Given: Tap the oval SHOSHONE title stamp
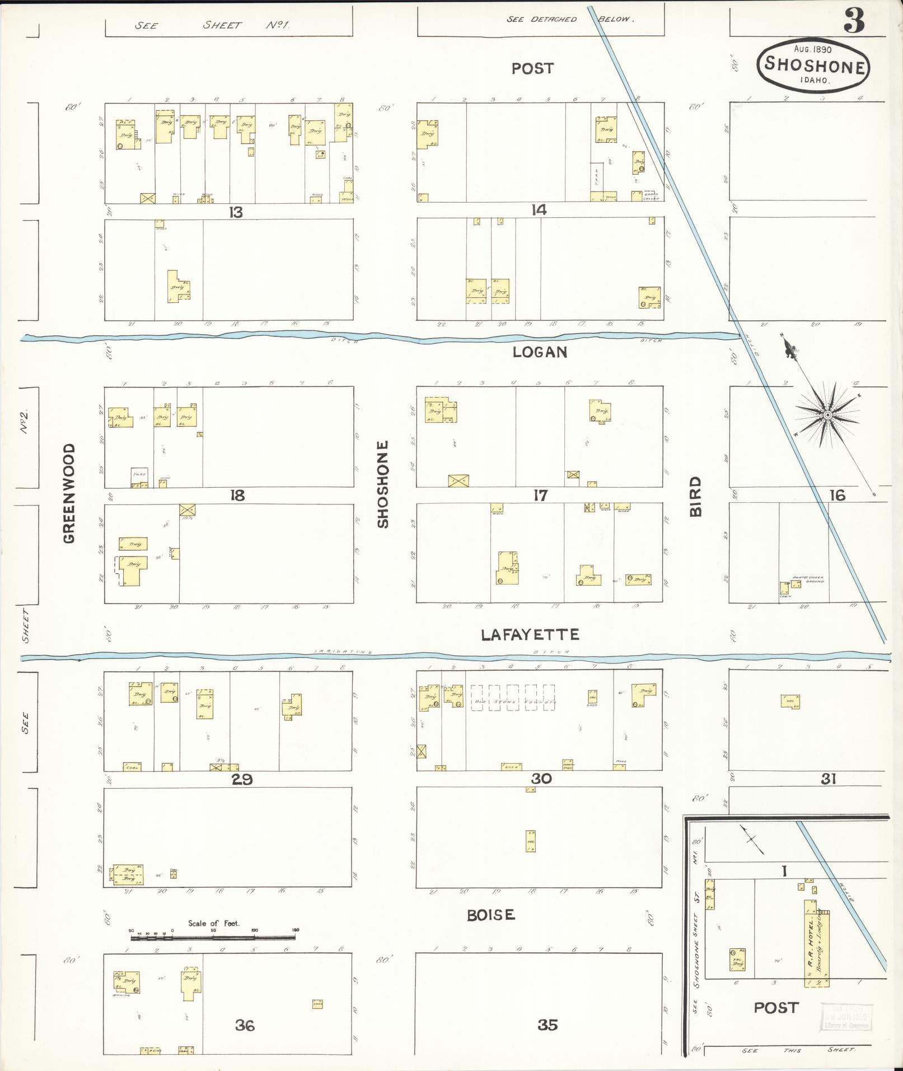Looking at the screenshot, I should click(x=813, y=65).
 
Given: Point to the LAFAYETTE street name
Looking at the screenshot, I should click(x=530, y=634).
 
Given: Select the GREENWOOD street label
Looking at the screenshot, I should click(x=69, y=493).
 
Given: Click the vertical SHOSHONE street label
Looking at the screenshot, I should click(x=382, y=484).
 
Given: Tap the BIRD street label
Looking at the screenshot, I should click(x=695, y=496).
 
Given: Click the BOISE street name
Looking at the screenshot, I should click(x=491, y=915).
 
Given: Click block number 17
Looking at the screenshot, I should click(x=540, y=495).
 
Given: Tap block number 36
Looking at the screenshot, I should click(x=245, y=1026).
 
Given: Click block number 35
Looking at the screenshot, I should click(x=548, y=1025).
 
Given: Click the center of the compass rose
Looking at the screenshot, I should click(x=827, y=415).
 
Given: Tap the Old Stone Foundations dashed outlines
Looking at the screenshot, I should click(x=513, y=698).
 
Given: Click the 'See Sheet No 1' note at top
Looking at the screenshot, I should click(x=212, y=25).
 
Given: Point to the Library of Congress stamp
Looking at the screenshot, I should click(x=846, y=1016).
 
